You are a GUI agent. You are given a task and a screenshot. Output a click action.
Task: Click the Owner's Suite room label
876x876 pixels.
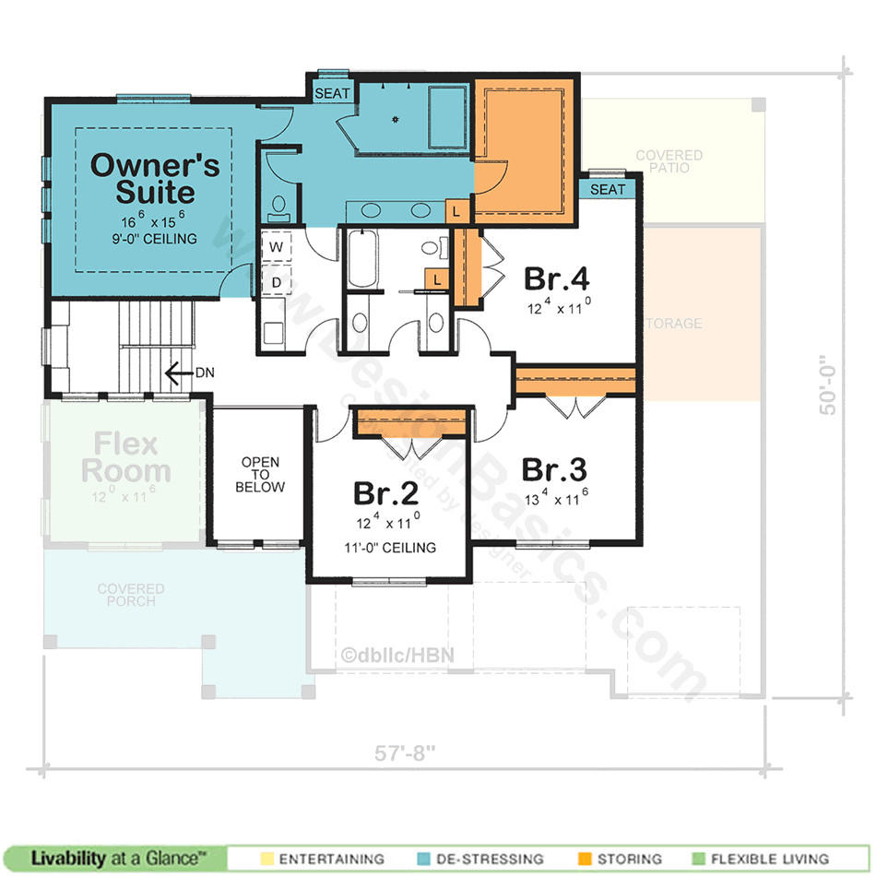tap(155, 179)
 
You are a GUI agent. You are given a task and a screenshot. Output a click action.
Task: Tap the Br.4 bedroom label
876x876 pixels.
tap(556, 278)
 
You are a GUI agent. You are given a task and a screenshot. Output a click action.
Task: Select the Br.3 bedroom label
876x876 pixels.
tap(553, 468)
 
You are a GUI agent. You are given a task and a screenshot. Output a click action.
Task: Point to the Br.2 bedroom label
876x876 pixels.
tap(385, 493)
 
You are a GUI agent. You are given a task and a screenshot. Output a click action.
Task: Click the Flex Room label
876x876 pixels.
tap(125, 457)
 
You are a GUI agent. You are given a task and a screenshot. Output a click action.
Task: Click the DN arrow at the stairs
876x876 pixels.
tap(172, 373)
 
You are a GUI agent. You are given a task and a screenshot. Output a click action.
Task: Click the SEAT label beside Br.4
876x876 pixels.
tap(607, 189)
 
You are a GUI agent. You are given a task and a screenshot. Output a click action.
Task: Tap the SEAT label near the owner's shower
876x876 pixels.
tap(332, 94)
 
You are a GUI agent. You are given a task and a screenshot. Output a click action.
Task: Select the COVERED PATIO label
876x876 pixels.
tap(669, 162)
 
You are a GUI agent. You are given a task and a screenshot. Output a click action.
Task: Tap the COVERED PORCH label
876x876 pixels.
tap(131, 595)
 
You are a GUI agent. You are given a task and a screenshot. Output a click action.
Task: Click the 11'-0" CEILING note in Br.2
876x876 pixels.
tap(385, 548)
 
